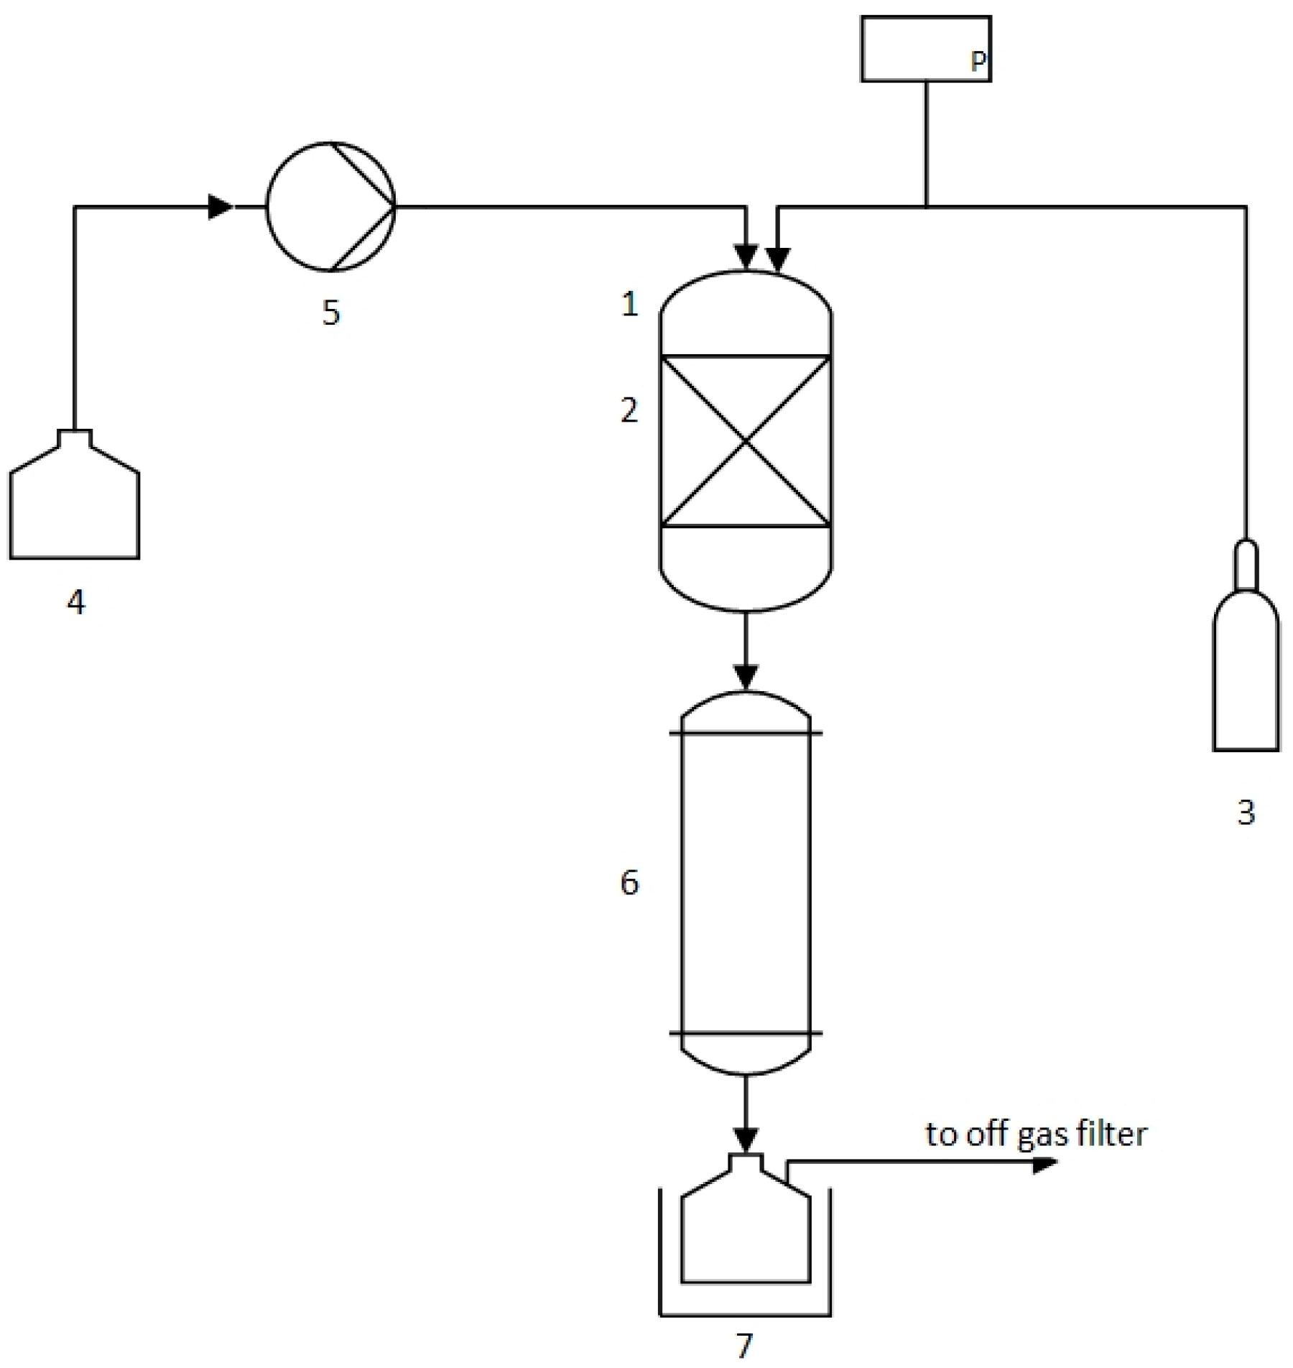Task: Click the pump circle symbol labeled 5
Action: pyautogui.click(x=330, y=207)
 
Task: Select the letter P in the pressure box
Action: pyautogui.click(x=978, y=61)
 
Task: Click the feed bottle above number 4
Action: pyautogui.click(x=75, y=503)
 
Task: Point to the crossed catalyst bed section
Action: pyautogui.click(x=746, y=441)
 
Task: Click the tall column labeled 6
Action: pyautogui.click(x=746, y=884)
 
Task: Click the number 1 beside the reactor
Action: pyautogui.click(x=630, y=305)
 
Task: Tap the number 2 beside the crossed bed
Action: pyautogui.click(x=629, y=410)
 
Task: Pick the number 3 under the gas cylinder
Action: pyautogui.click(x=1246, y=813)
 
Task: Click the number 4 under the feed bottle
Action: pyautogui.click(x=76, y=602)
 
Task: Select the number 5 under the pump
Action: pyautogui.click(x=330, y=313)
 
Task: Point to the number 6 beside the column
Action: pyautogui.click(x=629, y=882)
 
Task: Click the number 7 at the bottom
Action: pyautogui.click(x=745, y=1345)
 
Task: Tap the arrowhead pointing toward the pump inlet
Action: pyautogui.click(x=221, y=207)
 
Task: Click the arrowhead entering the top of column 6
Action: pyautogui.click(x=746, y=676)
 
